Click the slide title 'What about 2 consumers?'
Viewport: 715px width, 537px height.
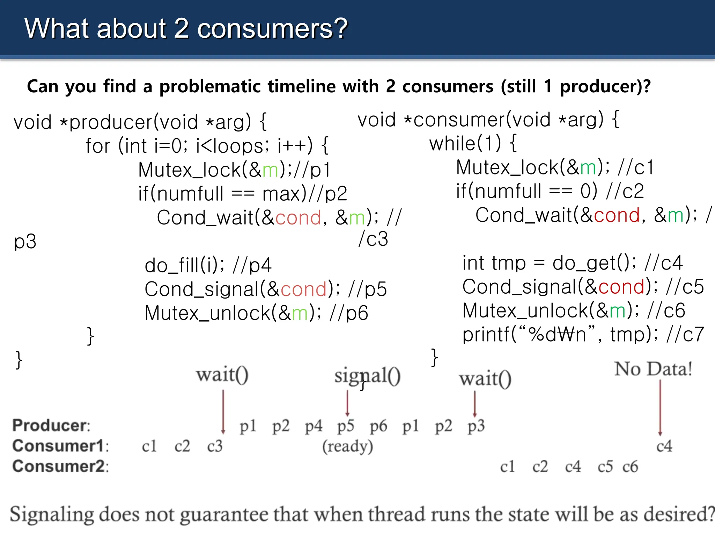click(x=186, y=29)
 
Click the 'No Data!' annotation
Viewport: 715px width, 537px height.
click(x=653, y=369)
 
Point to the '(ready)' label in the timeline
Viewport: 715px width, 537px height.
click(x=347, y=446)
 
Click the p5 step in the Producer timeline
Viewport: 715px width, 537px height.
click(x=346, y=426)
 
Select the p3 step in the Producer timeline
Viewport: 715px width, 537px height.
click(x=476, y=426)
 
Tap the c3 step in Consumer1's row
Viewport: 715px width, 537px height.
click(x=215, y=446)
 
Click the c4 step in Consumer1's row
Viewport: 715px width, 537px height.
click(x=664, y=446)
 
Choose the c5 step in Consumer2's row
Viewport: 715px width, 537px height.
click(x=605, y=466)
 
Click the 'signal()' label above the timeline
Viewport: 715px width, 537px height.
click(x=367, y=376)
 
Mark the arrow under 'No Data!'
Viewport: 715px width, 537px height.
click(x=660, y=407)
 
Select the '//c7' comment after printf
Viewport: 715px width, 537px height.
click(x=685, y=335)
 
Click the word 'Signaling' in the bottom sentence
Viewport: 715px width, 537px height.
click(x=52, y=514)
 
